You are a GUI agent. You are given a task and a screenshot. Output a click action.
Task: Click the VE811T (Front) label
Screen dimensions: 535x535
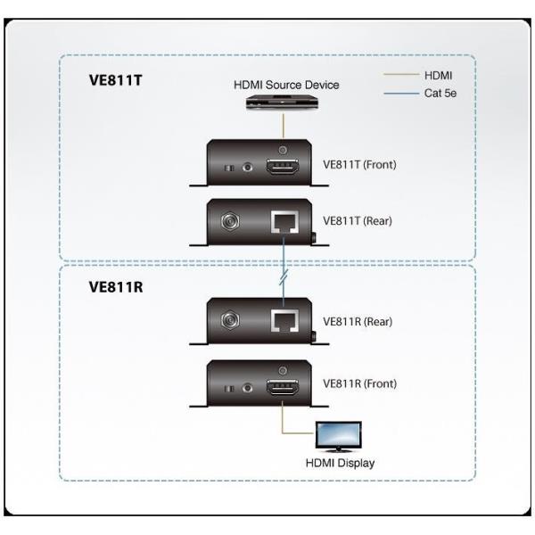359,165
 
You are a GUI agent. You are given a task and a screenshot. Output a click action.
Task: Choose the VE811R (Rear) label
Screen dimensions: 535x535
358,321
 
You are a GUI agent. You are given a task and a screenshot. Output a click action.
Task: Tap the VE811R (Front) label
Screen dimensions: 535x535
359,383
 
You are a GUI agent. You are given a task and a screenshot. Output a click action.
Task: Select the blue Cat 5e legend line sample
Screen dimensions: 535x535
399,92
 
